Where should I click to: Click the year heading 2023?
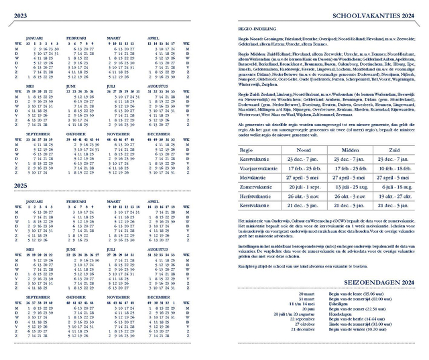(21, 15)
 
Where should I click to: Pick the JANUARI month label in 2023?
(35, 38)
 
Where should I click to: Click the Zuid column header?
(393, 150)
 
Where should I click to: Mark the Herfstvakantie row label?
(259, 198)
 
